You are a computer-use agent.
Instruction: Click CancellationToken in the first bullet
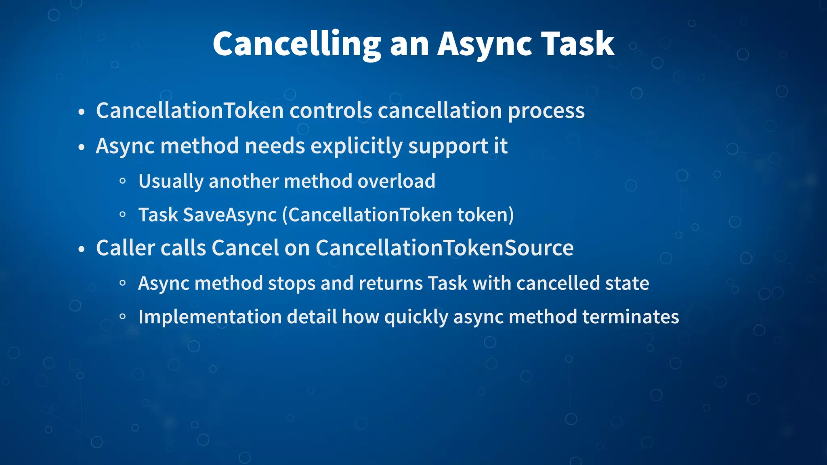point(190,111)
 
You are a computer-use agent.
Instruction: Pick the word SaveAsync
point(230,215)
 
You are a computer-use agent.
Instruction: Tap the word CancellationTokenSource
point(444,248)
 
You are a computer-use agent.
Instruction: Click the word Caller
point(125,248)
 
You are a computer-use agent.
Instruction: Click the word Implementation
point(210,317)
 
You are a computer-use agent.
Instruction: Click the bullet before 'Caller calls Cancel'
point(82,249)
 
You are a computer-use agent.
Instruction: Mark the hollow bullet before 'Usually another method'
point(123,182)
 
